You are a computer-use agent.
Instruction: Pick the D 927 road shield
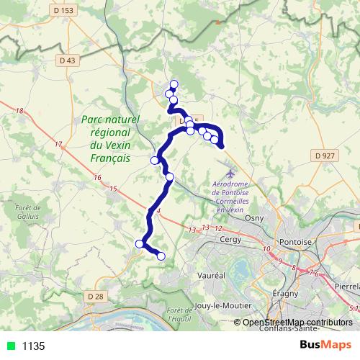(x=325, y=155)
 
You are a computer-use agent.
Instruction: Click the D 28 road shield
(x=94, y=297)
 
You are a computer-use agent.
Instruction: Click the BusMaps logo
(x=325, y=345)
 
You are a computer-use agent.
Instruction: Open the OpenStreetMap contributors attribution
(x=297, y=322)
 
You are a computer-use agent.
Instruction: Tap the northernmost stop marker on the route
(x=174, y=84)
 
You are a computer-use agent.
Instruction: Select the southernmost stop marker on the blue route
(x=161, y=256)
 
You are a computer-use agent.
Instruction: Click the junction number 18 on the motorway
(x=19, y=110)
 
